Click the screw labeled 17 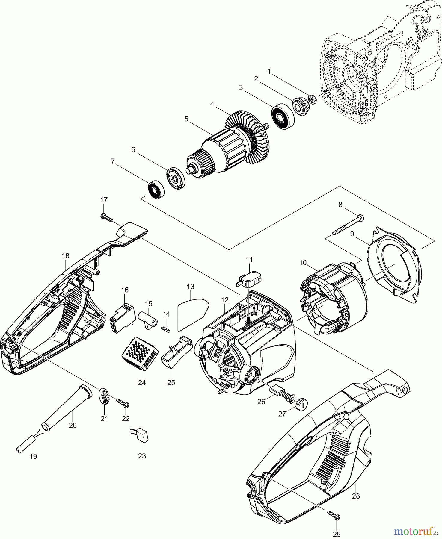tap(107, 218)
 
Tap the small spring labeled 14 tap(166, 329)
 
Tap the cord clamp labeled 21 tap(104, 396)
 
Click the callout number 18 tap(65, 256)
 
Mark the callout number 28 tap(356, 496)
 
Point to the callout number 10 tap(303, 263)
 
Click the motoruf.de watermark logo tap(415, 531)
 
